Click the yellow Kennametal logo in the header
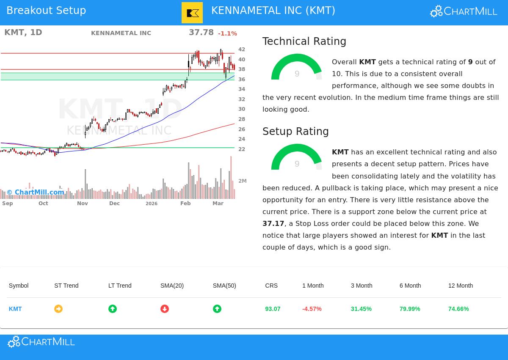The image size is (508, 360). click(192, 13)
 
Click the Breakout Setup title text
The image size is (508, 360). click(46, 11)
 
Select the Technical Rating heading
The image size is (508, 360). click(304, 41)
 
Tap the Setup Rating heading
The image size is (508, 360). click(295, 132)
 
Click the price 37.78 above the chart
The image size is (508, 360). click(201, 33)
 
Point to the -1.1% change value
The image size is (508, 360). click(227, 33)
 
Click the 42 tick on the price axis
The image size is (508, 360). click(242, 49)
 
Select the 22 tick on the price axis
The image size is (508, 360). click(242, 149)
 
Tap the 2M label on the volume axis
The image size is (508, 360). click(242, 181)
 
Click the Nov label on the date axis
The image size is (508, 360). click(83, 203)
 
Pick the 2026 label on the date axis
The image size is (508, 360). click(151, 203)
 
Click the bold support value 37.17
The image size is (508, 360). click(273, 223)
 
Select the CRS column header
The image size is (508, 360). click(271, 286)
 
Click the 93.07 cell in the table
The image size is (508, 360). click(273, 309)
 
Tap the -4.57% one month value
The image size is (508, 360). click(312, 309)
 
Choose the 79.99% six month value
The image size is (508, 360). click(409, 309)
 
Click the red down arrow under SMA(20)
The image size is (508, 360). click(165, 309)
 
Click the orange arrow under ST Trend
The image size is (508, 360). click(58, 309)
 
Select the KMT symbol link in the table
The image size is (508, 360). click(15, 309)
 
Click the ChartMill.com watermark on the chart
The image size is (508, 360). click(36, 192)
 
